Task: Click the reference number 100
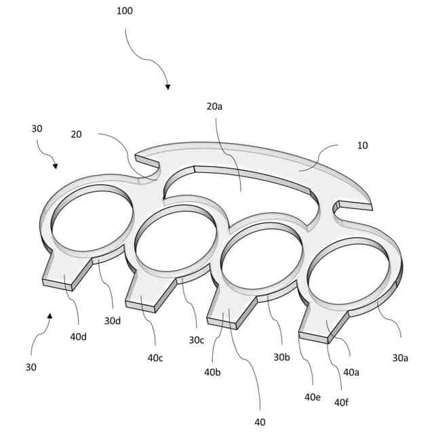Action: [125, 11]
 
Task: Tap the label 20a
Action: [215, 106]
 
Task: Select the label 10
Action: [363, 145]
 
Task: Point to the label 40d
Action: [79, 336]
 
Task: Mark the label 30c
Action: [197, 340]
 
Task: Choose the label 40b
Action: [213, 372]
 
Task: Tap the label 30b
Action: [281, 357]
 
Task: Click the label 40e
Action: [312, 397]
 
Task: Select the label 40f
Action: [341, 402]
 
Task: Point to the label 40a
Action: [351, 372]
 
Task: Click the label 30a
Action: [401, 358]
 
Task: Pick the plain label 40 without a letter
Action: [260, 422]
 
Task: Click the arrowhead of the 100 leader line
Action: [167, 87]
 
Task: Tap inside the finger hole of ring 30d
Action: [92, 218]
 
